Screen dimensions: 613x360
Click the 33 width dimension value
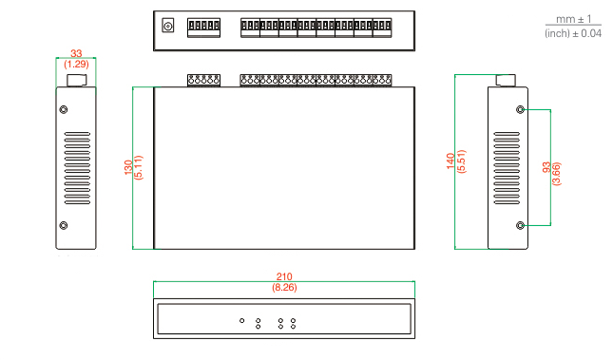click(76, 53)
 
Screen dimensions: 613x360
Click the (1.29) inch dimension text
click(76, 64)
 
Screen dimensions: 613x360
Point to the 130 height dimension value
click(128, 167)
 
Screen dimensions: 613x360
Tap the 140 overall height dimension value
click(450, 161)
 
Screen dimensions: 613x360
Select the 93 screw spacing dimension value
click(546, 167)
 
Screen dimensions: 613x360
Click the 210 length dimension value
click(284, 276)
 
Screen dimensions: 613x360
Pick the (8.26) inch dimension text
click(284, 287)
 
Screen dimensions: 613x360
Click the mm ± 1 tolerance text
click(573, 19)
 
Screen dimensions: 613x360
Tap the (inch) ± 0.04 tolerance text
click(573, 33)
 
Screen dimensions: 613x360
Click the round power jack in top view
click(168, 26)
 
